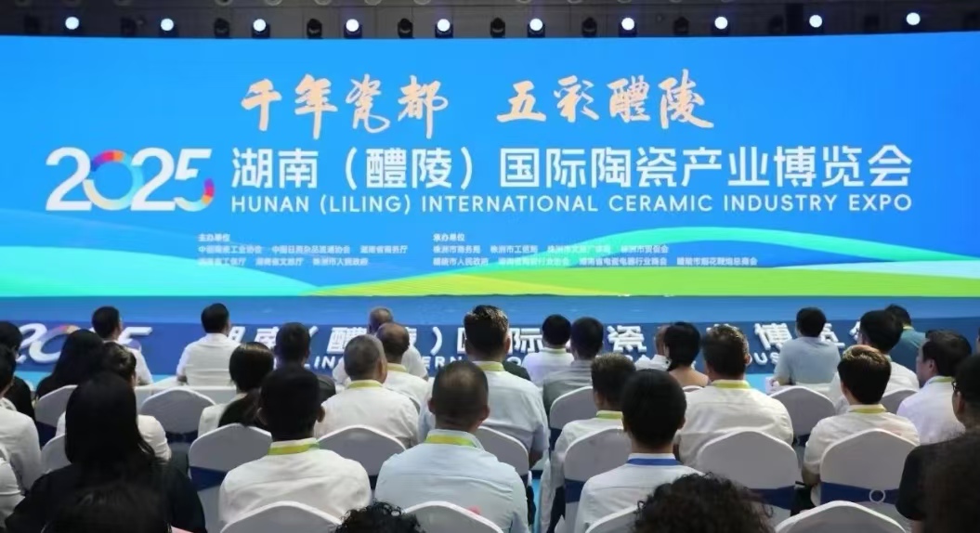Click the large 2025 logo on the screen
130,179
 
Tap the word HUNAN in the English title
265,201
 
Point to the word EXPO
881,201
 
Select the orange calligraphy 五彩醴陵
605,101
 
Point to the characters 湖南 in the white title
268,167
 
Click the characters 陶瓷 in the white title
633,167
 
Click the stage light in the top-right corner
912,19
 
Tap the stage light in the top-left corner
72,23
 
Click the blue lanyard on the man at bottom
652,459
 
